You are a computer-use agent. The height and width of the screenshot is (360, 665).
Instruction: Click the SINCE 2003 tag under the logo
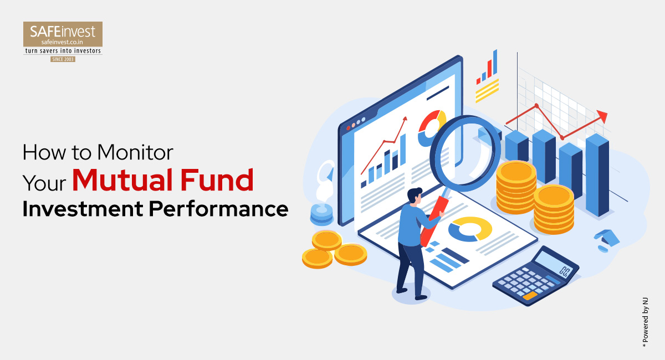point(63,59)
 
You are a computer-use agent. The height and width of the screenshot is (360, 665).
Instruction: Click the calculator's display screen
point(554,265)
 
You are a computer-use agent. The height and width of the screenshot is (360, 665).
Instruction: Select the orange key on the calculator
point(530,296)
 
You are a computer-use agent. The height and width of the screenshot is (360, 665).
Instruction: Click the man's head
point(414,196)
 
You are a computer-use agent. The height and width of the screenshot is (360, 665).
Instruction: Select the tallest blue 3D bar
point(597,174)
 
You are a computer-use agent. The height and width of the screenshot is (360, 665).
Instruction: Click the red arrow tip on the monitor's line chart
point(405,119)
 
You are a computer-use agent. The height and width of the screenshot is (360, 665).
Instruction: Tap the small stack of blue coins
point(321,213)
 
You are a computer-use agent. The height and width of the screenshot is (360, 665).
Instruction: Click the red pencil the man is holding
point(433,222)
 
